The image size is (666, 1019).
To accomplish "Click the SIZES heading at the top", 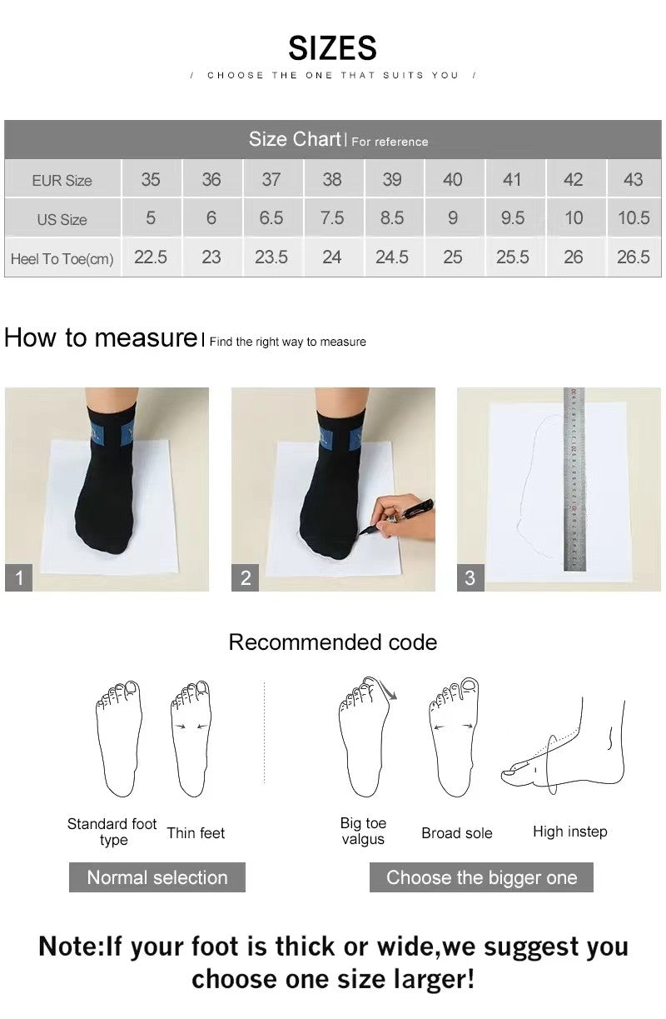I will click(332, 48).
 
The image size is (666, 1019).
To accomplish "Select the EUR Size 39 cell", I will click(392, 179).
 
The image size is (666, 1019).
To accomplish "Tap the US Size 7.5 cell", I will click(331, 218).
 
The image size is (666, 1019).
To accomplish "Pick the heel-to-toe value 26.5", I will click(633, 257).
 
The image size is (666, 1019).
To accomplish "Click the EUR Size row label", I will click(62, 181).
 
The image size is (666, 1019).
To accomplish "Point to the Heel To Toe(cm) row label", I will click(62, 259).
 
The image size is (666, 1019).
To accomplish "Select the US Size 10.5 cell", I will click(633, 218).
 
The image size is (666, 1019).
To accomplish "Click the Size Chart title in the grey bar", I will click(296, 139).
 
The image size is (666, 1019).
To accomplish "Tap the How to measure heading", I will click(100, 337).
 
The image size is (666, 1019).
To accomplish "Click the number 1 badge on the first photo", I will click(18, 577).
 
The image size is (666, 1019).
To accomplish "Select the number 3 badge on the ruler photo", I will click(470, 577).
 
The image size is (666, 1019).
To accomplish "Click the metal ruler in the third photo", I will click(574, 479).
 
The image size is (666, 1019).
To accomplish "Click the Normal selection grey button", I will click(157, 877).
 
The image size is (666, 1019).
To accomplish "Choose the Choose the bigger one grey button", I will click(481, 877).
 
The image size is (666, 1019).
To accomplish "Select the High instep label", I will click(569, 832).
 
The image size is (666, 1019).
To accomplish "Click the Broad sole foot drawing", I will click(454, 737).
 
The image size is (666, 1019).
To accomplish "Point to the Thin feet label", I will click(196, 833).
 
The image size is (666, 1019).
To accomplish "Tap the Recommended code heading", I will click(332, 642).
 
